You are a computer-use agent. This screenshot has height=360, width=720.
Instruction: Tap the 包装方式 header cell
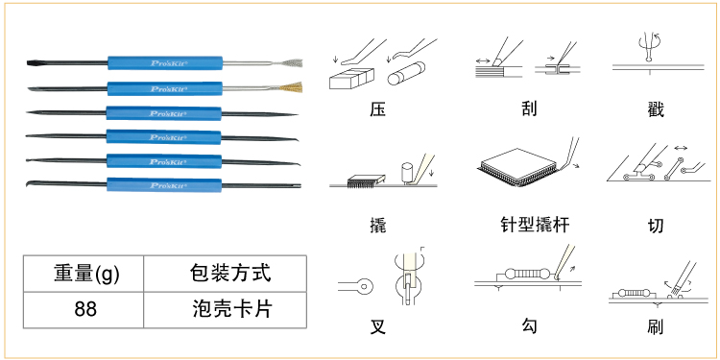click(225, 274)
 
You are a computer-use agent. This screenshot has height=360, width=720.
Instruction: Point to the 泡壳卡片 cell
click(225, 309)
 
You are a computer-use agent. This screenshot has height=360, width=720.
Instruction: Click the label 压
click(377, 109)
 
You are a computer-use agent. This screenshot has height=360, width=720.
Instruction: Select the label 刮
click(529, 109)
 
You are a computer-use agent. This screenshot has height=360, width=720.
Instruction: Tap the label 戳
click(655, 109)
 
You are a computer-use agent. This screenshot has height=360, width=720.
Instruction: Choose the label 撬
click(377, 226)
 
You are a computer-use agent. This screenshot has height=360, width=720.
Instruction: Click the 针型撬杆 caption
click(535, 225)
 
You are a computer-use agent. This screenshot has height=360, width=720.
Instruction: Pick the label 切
click(655, 226)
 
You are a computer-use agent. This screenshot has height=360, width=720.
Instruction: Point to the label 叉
click(377, 327)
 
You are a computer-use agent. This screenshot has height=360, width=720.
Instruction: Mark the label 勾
click(529, 326)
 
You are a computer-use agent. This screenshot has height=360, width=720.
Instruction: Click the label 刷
click(655, 327)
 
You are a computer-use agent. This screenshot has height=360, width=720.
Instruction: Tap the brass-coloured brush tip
click(291, 87)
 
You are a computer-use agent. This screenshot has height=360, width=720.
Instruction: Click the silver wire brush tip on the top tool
click(291, 63)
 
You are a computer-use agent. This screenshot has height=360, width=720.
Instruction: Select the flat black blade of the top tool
click(41, 62)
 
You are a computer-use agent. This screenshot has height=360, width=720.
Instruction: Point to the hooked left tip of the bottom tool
click(31, 182)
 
